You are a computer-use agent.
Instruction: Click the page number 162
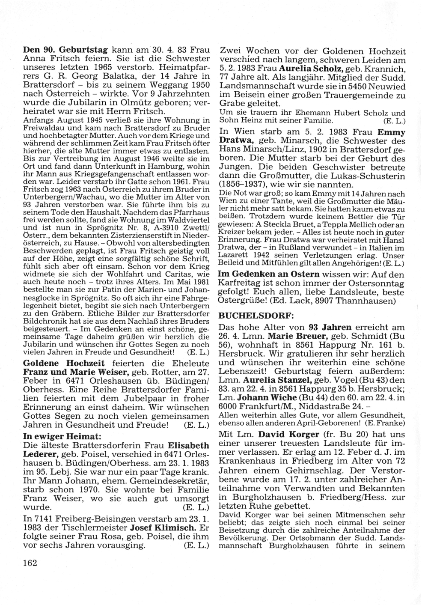[30, 563]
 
